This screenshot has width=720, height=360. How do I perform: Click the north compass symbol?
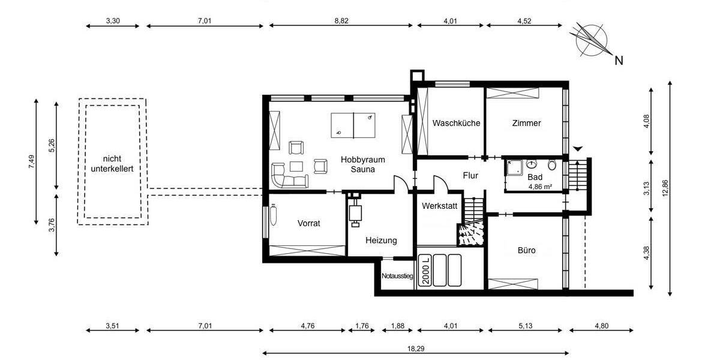click(x=591, y=39)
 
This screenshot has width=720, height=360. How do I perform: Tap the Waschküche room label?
click(x=456, y=124)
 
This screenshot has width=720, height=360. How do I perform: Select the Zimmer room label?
click(x=526, y=124)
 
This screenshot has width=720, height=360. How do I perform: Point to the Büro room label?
click(x=526, y=250)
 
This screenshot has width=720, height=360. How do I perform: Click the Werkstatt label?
click(x=439, y=206)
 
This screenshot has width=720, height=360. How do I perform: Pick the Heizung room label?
click(x=381, y=241)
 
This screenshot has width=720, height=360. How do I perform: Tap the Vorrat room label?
click(x=309, y=223)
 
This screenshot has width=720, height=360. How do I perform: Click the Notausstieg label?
click(x=397, y=277)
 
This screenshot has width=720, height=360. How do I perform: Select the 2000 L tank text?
click(x=425, y=271)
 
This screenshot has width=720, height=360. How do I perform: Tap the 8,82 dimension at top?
click(x=341, y=20)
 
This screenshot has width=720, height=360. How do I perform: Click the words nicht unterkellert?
click(x=112, y=163)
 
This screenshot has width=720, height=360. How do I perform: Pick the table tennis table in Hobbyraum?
click(x=354, y=124)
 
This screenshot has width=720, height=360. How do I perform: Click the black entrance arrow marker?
click(x=578, y=149)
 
